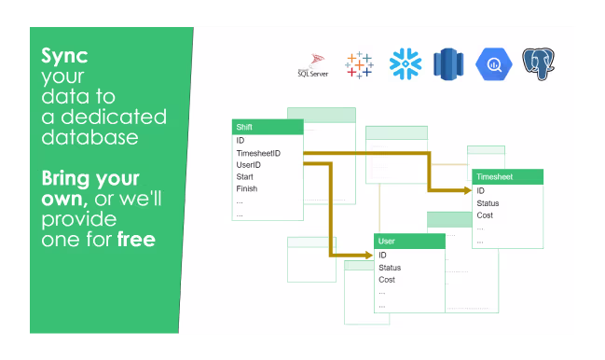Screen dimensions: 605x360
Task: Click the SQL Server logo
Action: click(x=313, y=65)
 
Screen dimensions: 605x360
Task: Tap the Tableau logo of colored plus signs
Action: click(x=359, y=65)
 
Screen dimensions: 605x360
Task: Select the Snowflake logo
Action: click(x=406, y=64)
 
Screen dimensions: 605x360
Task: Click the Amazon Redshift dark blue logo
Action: click(x=448, y=64)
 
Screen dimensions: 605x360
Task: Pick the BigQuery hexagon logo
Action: click(x=494, y=64)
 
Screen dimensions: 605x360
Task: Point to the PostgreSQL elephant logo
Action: click(x=539, y=64)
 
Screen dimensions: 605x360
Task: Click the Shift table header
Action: click(x=268, y=127)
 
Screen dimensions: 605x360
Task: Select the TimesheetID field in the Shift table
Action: click(x=258, y=153)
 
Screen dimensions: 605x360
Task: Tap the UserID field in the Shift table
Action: click(x=249, y=165)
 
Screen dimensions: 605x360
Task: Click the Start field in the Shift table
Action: click(x=244, y=176)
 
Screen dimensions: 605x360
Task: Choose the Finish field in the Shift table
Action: click(x=246, y=188)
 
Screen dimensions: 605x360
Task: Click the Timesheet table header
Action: click(x=508, y=176)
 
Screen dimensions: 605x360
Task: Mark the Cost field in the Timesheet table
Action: click(x=485, y=215)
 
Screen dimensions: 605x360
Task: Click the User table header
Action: click(x=410, y=242)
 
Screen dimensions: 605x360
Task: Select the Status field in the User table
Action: click(x=390, y=268)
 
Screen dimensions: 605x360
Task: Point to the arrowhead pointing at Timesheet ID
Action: click(x=468, y=190)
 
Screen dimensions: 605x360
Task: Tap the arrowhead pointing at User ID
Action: click(x=369, y=255)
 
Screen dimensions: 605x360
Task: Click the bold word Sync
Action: click(x=64, y=56)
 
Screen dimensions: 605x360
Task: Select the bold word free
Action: click(x=136, y=240)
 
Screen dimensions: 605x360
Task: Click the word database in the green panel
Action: click(x=89, y=137)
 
